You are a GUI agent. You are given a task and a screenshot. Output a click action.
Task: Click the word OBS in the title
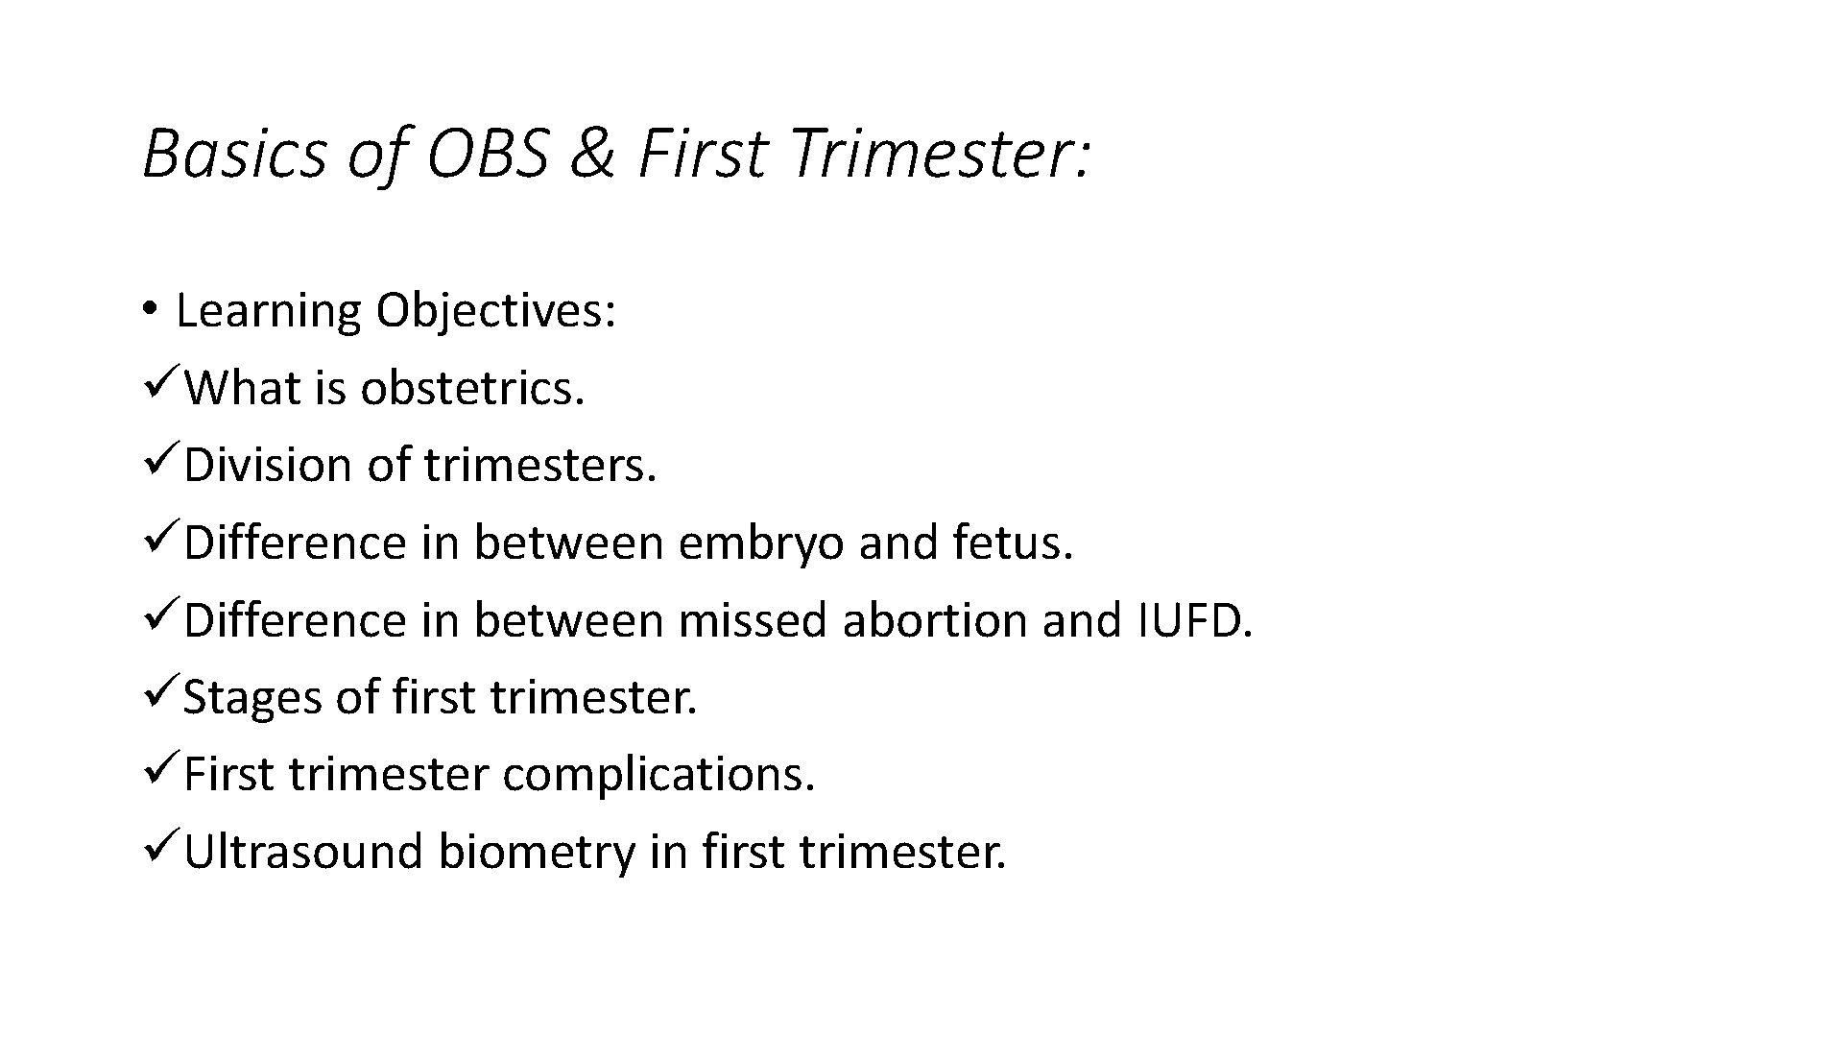(x=489, y=154)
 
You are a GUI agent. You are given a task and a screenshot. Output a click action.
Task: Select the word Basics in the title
(x=235, y=154)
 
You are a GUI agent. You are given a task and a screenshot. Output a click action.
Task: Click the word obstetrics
(x=472, y=388)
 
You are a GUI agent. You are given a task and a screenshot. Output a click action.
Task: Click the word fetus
(x=1013, y=543)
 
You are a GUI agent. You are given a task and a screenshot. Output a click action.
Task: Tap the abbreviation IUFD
(x=1195, y=620)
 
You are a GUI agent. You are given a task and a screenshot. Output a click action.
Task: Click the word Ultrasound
(x=303, y=852)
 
